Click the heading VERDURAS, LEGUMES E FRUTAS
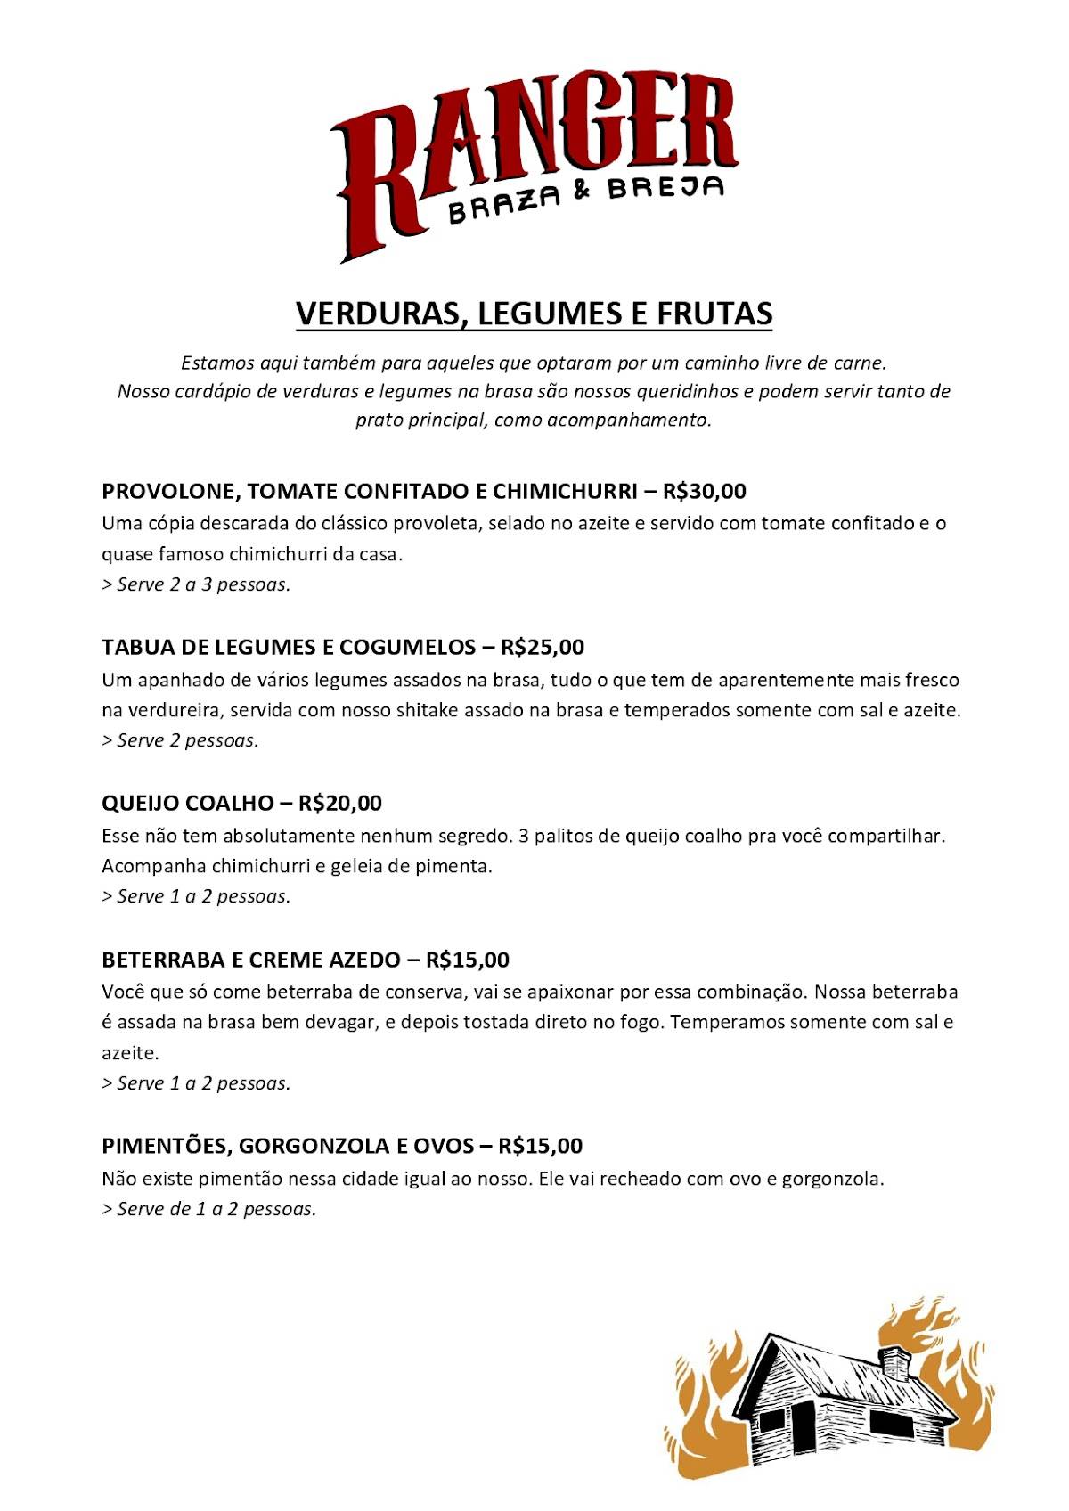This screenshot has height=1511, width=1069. click(534, 314)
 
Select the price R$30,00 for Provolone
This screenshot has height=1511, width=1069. click(705, 491)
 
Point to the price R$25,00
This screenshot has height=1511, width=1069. click(543, 647)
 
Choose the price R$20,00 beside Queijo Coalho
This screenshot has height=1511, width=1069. click(340, 803)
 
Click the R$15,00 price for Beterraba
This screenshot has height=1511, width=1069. click(468, 960)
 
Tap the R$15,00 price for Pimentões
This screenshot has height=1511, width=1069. click(541, 1146)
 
